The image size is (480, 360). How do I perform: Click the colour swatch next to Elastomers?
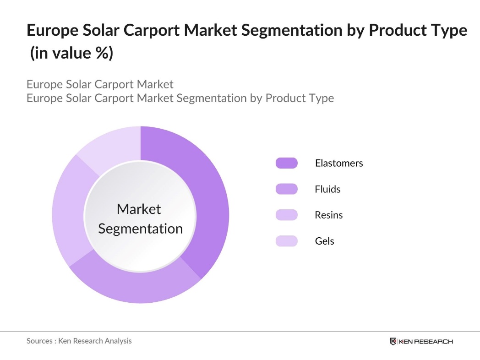click(x=286, y=163)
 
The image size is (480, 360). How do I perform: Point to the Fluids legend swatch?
click(x=286, y=189)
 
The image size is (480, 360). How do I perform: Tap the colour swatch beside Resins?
click(x=286, y=215)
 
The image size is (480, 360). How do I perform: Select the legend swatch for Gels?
click(x=286, y=241)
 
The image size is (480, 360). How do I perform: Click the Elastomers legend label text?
click(x=338, y=163)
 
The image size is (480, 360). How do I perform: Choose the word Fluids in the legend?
click(x=327, y=189)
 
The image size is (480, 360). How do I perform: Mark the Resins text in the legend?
click(x=328, y=215)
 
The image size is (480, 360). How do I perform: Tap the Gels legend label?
click(x=324, y=241)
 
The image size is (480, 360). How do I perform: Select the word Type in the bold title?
click(x=447, y=30)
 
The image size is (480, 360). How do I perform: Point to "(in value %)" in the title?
click(x=71, y=53)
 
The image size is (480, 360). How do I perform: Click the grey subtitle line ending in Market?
click(x=100, y=84)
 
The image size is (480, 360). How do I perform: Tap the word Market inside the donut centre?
click(x=139, y=209)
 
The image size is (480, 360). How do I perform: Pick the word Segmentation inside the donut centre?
click(x=140, y=229)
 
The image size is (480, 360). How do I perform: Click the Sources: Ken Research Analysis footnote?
click(x=79, y=341)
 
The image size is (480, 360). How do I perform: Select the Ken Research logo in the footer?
click(x=421, y=341)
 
